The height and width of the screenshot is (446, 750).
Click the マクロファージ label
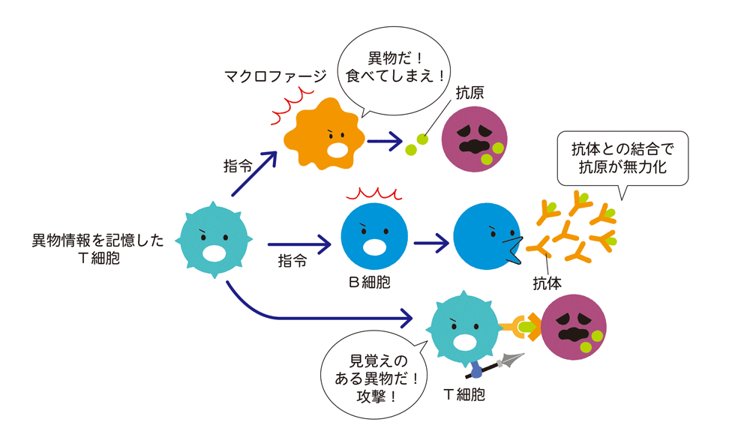tap(276, 76)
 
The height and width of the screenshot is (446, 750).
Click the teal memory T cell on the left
tap(214, 240)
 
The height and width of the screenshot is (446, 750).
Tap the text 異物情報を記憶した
tap(97, 241)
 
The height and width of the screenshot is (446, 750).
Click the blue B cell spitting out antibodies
tap(484, 236)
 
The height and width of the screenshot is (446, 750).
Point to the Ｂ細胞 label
tap(370, 283)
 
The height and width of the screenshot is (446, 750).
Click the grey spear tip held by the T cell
tap(512, 361)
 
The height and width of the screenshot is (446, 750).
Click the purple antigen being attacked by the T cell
tap(574, 327)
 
